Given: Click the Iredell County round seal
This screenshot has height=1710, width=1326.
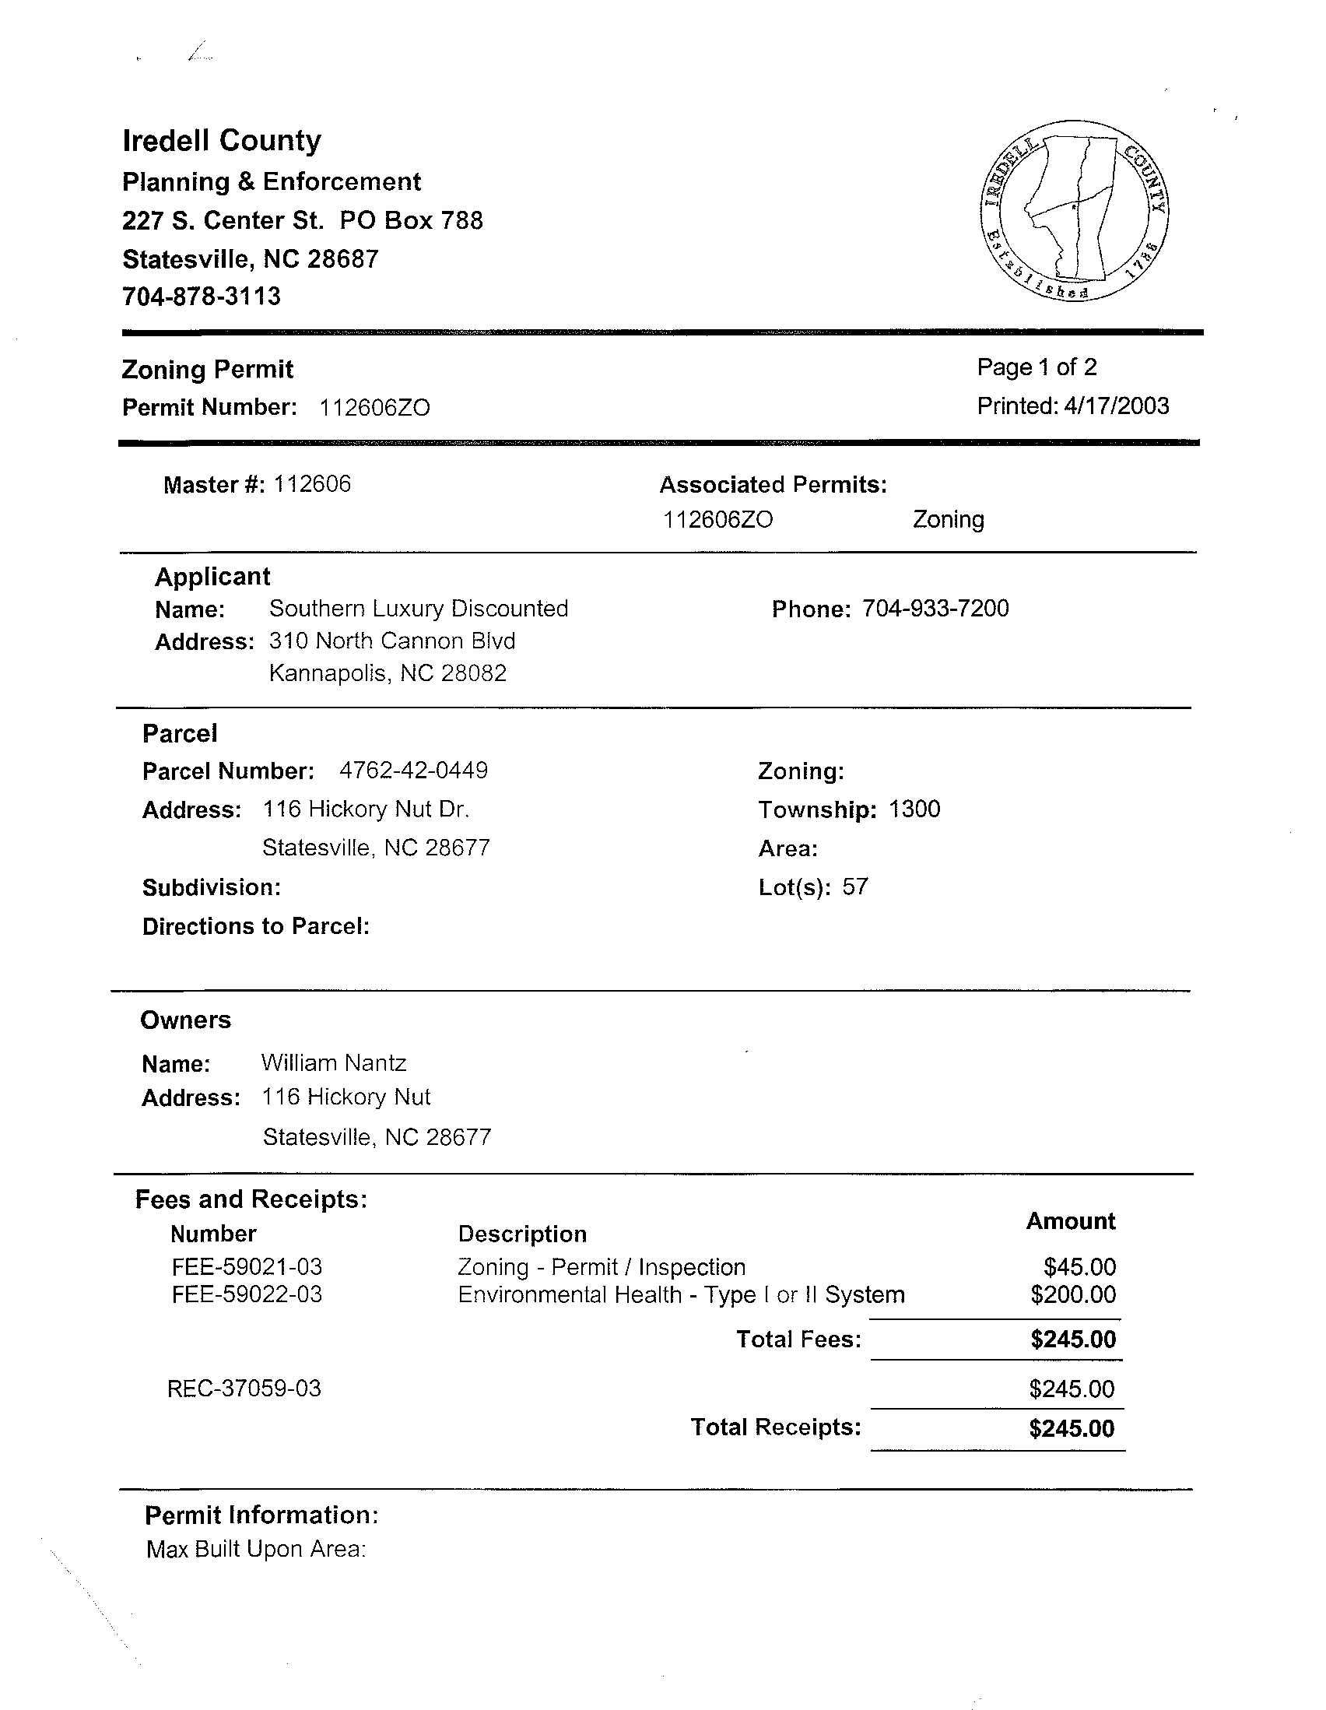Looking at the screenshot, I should (x=1074, y=211).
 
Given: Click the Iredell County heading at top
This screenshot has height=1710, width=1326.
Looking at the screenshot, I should (x=222, y=141).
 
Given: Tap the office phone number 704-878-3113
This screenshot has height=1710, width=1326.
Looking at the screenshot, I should (x=202, y=297).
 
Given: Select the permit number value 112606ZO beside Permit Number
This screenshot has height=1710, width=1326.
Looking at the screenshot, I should (x=375, y=408).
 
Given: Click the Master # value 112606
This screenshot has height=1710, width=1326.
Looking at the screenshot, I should (x=311, y=484).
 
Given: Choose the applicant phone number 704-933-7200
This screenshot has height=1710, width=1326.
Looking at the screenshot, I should (x=935, y=609).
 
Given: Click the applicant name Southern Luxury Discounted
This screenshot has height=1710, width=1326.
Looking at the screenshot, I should (x=418, y=609).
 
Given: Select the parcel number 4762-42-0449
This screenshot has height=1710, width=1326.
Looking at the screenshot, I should (x=413, y=771).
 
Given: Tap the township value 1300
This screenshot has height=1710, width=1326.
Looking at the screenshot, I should (x=914, y=809).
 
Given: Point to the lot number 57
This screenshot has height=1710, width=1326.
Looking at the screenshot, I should (x=854, y=887).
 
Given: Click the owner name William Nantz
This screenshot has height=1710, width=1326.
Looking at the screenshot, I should (x=334, y=1062).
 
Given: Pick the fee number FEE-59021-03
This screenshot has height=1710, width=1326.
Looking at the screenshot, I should (x=247, y=1267).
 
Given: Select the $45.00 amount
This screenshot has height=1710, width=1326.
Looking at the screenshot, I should (x=1079, y=1267).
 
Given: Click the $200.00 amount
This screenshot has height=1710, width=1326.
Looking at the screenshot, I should (x=1072, y=1294).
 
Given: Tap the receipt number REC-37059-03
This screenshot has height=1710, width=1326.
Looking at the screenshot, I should (x=244, y=1389).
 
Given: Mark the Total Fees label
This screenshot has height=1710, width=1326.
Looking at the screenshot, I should (x=798, y=1340).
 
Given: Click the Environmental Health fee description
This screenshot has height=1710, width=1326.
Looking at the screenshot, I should (x=681, y=1294).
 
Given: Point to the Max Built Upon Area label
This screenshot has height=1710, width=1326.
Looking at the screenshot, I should (x=256, y=1549).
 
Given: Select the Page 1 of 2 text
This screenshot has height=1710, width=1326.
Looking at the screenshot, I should (x=1037, y=367).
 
